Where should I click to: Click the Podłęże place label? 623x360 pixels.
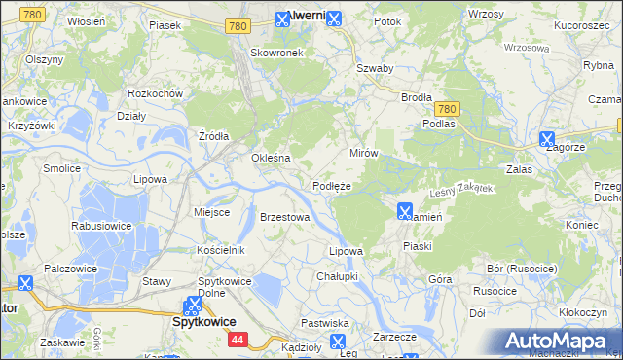click(x=331, y=185)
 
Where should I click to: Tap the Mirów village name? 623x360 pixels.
click(x=363, y=154)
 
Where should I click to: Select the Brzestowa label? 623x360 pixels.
click(x=284, y=217)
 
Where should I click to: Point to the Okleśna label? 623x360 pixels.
click(x=272, y=158)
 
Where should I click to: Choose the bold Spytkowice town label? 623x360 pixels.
click(x=203, y=320)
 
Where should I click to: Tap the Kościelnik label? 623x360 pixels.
click(x=220, y=250)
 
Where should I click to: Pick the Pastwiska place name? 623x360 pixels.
click(x=325, y=322)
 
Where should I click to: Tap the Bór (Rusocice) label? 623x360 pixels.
click(x=521, y=268)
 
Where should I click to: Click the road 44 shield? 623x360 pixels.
click(x=238, y=340)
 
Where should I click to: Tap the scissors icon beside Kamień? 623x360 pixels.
click(x=405, y=210)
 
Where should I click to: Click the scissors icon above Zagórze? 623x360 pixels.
click(x=547, y=139)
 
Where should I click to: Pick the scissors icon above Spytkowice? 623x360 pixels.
click(x=195, y=305)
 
